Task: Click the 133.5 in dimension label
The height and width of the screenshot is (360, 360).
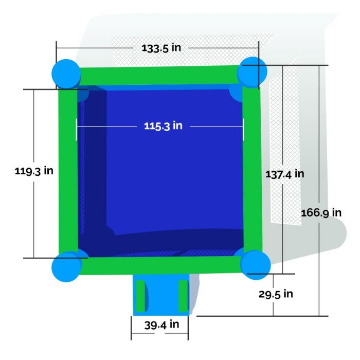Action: (161, 48)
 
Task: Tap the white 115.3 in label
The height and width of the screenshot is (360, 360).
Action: (163, 126)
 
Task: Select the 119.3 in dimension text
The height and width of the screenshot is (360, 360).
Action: (34, 171)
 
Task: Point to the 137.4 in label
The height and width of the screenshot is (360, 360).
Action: (285, 174)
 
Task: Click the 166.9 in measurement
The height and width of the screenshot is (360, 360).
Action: (321, 212)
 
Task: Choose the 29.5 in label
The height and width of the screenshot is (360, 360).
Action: (276, 294)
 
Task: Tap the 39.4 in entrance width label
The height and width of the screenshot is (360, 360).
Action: (161, 325)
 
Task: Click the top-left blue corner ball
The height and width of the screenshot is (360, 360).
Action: (66, 74)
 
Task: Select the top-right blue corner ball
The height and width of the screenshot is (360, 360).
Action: (252, 72)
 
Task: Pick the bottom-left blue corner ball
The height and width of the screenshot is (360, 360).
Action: (66, 267)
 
